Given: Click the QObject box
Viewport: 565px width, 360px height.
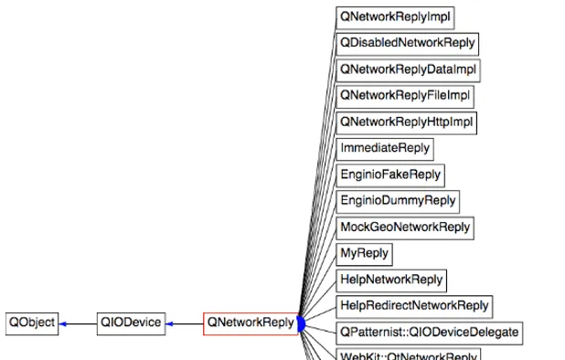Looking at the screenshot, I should pos(32,323).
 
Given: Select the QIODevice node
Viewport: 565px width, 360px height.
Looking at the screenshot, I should pos(131,323).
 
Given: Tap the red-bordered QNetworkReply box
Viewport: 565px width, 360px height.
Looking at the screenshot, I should pos(251,323).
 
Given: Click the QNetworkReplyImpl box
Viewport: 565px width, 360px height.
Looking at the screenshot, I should pos(395,16).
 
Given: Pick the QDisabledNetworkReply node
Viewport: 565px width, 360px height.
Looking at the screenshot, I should pos(407,43).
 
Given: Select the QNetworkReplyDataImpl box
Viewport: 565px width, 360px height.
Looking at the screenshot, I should pos(407,69).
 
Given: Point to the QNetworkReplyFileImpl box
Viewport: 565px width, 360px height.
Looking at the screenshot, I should pos(404,96).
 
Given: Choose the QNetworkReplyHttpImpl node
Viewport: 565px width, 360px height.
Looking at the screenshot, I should pos(407,122).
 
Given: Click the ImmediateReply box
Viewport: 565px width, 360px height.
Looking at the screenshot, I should pos(384,148).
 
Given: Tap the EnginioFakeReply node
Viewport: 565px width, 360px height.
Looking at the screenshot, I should pos(389,175).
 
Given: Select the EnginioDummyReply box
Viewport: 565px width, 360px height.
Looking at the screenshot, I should pos(397,201).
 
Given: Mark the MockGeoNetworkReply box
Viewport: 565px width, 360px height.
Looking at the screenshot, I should pos(405,228).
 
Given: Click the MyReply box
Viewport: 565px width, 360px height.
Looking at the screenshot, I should pos(364,253).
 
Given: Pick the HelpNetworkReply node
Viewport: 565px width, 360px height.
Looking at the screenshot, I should pos(391,280).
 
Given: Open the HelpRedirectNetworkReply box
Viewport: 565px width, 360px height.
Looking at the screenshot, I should pos(414,306).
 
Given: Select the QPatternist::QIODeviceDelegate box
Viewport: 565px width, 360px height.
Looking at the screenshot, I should pos(429,332).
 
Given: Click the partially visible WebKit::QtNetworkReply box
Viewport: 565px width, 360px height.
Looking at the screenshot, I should pos(408,355).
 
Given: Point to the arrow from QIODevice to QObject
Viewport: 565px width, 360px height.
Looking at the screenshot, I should pos(78,323).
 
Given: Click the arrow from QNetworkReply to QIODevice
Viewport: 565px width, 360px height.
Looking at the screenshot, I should pos(184,323).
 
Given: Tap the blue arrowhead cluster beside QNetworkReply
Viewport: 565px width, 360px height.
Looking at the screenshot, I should pos(301,323).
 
